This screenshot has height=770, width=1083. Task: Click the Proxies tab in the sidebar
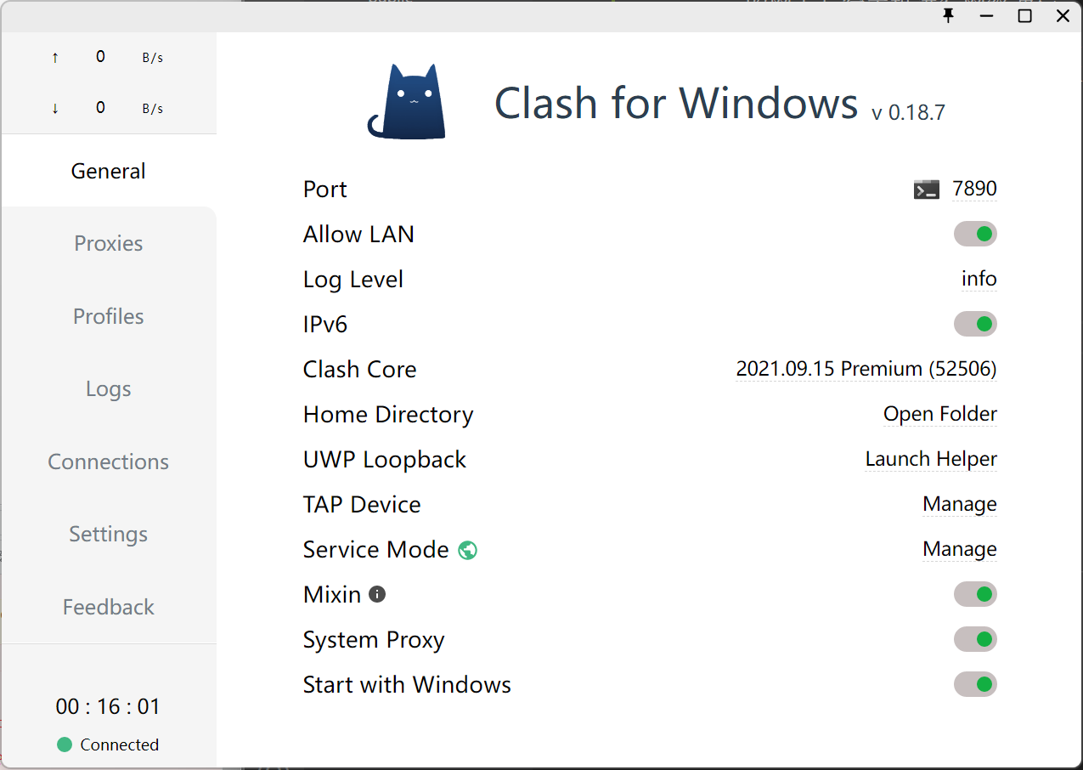[109, 243]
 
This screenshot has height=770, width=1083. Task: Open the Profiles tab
[109, 316]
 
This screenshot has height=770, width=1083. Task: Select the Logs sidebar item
[109, 389]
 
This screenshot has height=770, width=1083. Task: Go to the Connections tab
[109, 461]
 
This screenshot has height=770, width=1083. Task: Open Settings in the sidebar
[109, 535]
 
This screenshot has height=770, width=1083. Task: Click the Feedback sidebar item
[109, 607]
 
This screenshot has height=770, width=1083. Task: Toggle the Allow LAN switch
[975, 234]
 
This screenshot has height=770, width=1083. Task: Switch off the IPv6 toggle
[975, 324]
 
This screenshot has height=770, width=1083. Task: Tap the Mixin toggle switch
[975, 594]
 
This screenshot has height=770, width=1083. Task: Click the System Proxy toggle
[975, 639]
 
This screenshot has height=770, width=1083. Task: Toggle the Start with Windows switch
[975, 684]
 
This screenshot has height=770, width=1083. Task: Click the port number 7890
[974, 189]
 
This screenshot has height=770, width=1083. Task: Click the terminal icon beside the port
[927, 190]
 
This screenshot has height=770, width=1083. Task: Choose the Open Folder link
[940, 414]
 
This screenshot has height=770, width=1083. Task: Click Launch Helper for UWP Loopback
[931, 459]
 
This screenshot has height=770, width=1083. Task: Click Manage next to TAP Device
[959, 504]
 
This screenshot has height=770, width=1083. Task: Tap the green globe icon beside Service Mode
[467, 550]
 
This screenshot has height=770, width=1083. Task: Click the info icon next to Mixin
[377, 594]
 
